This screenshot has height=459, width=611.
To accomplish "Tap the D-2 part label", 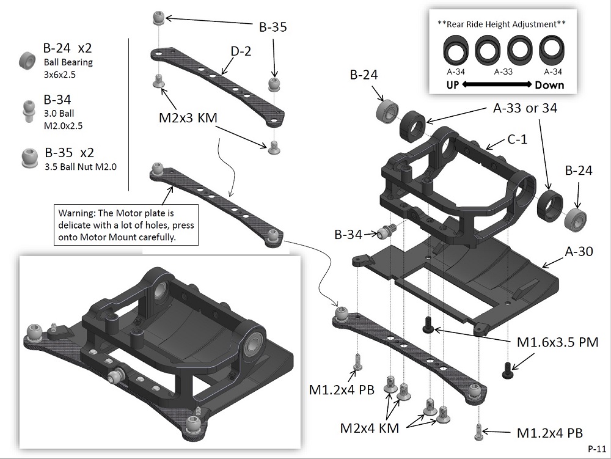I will pyautogui.click(x=241, y=53).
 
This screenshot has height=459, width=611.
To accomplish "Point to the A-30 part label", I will pyautogui.click(x=577, y=251).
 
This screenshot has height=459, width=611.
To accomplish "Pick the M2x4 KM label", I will pyautogui.click(x=370, y=428).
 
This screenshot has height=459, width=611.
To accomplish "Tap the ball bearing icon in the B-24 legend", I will pyautogui.click(x=27, y=59).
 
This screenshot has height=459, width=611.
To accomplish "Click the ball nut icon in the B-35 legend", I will pyautogui.click(x=27, y=158).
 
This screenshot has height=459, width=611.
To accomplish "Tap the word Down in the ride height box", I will pyautogui.click(x=549, y=85).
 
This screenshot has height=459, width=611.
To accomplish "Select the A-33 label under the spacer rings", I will pyautogui.click(x=503, y=72).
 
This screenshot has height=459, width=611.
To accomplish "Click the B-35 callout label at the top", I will pyautogui.click(x=273, y=27).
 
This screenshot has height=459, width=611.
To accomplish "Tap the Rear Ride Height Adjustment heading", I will pyautogui.click(x=502, y=24).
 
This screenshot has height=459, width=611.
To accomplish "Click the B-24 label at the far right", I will pyautogui.click(x=577, y=171).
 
